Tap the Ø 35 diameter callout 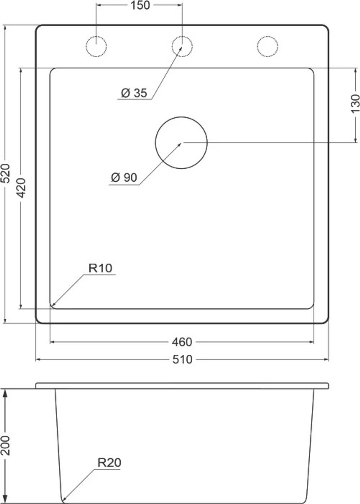click(134, 93)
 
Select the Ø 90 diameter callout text click(124, 177)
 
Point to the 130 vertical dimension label click(355, 104)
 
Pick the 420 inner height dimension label click(21, 188)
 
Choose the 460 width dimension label click(182, 342)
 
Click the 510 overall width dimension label click(182, 359)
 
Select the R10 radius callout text click(100, 268)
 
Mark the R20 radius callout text click(109, 463)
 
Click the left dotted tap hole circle click(96, 46)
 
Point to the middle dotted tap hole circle click(182, 46)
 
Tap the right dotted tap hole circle click(268, 46)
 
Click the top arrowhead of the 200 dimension click(5, 391)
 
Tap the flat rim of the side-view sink click(182, 386)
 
